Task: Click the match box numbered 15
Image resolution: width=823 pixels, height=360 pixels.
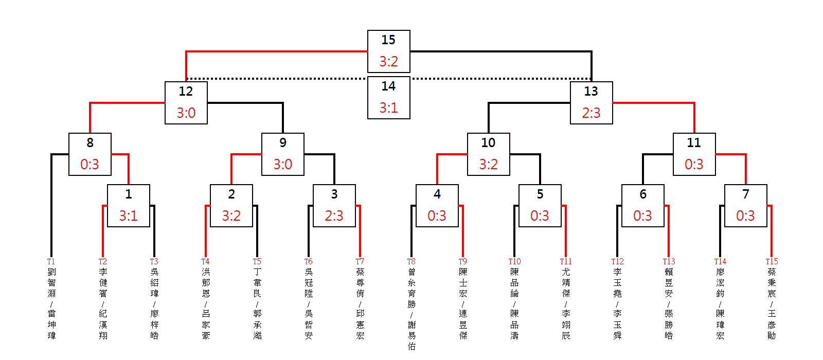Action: pos(388,51)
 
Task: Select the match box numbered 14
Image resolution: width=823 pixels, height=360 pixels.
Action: pos(388,97)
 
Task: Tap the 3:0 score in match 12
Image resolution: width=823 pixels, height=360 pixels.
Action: pos(186,113)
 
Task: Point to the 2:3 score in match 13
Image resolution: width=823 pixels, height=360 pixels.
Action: pos(591,113)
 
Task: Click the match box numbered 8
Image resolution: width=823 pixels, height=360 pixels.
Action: pos(90,154)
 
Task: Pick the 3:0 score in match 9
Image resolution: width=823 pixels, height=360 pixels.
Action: pos(282,164)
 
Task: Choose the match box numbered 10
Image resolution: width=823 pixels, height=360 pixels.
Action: pos(488,154)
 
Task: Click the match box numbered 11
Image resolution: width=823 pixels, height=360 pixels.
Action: pos(694,154)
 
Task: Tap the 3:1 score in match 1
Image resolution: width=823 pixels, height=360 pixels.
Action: pos(128,215)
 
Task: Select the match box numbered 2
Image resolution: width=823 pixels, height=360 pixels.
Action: pos(231,205)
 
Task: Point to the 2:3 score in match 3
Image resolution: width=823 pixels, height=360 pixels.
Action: pos(334,215)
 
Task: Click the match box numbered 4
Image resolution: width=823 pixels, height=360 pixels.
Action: pos(437,205)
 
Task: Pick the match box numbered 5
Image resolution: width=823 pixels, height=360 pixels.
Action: pos(540,205)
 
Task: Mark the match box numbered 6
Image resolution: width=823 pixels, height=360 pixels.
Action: pos(642,205)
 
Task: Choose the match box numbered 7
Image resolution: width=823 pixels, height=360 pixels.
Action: pos(745,205)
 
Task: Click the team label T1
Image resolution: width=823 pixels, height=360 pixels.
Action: pos(51,262)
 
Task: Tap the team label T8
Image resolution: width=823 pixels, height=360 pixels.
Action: pos(411,262)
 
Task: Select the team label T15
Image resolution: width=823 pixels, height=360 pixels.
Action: pos(772,262)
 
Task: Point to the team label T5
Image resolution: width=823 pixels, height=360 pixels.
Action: pos(257,262)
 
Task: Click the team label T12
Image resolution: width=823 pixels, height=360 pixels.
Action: pos(617,262)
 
